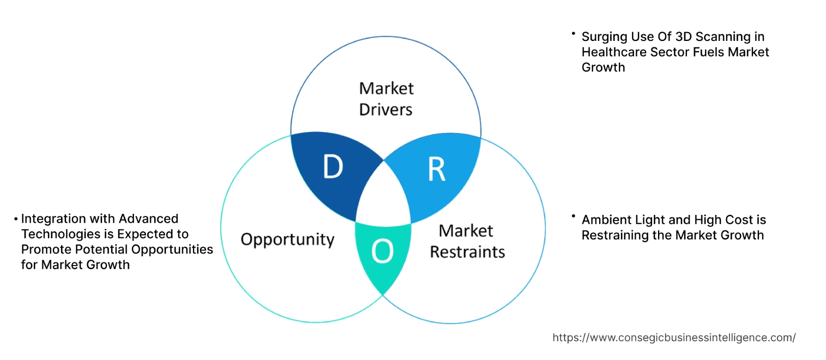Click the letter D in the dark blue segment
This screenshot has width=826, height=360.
tap(333, 167)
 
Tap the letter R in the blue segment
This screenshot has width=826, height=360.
tap(436, 170)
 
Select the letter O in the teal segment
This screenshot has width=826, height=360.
tap(382, 251)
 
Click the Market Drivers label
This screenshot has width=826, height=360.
tap(386, 99)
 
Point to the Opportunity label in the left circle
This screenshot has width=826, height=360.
tap(287, 239)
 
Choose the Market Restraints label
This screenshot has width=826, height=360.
tap(467, 241)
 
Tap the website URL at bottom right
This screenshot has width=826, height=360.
tap(674, 338)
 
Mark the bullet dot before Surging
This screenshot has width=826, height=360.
tap(574, 34)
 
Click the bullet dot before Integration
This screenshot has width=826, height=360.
tap(16, 219)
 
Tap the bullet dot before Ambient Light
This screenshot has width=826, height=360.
tap(574, 217)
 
